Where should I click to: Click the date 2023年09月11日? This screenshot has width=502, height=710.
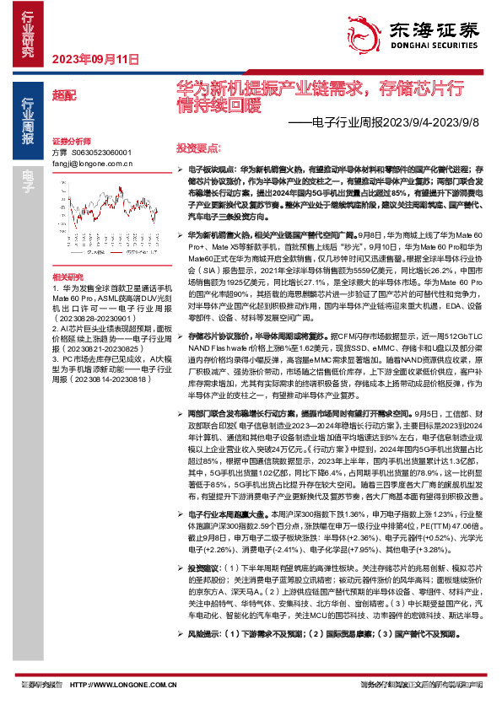click(x=94, y=59)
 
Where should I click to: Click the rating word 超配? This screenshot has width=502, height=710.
click(x=63, y=96)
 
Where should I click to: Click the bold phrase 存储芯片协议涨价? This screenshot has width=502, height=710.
click(x=214, y=360)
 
